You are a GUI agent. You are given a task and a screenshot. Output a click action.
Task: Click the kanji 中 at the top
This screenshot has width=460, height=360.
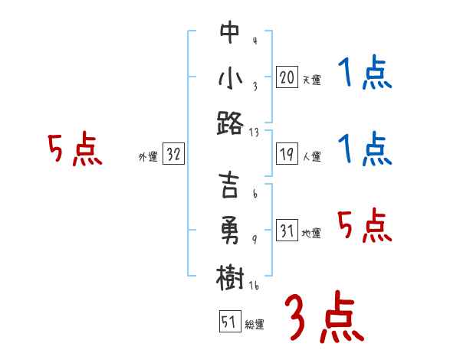[229, 33]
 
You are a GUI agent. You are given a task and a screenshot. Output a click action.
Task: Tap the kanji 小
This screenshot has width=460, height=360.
[229, 79]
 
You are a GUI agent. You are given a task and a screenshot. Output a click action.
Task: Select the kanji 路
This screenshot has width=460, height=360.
[229, 123]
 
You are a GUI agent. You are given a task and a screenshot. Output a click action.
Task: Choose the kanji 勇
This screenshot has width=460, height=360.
[229, 231]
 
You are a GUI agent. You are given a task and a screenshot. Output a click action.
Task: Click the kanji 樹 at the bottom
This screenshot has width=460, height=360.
[229, 277]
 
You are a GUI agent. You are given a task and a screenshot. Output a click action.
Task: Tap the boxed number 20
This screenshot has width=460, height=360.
[287, 77]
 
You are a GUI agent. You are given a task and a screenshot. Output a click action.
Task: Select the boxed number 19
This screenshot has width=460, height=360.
[287, 155]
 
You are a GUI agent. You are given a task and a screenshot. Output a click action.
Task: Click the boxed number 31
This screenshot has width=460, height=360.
[287, 231]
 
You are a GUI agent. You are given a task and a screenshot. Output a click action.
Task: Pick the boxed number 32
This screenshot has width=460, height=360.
[173, 155]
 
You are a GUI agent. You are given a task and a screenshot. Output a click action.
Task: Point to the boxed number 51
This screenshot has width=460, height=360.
[228, 322]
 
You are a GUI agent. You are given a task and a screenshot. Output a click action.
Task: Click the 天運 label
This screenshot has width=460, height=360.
[311, 80]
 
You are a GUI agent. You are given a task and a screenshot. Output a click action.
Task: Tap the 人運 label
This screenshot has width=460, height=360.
[311, 157]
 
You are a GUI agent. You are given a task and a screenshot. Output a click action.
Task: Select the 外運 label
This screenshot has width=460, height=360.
[147, 157]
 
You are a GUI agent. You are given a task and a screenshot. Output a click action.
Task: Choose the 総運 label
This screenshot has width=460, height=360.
[254, 324]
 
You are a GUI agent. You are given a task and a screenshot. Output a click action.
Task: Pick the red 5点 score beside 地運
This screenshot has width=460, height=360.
[365, 227]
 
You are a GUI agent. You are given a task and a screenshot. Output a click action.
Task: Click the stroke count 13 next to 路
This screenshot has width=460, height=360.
[254, 132]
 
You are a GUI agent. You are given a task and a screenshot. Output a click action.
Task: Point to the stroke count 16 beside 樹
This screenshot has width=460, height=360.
[255, 285]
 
